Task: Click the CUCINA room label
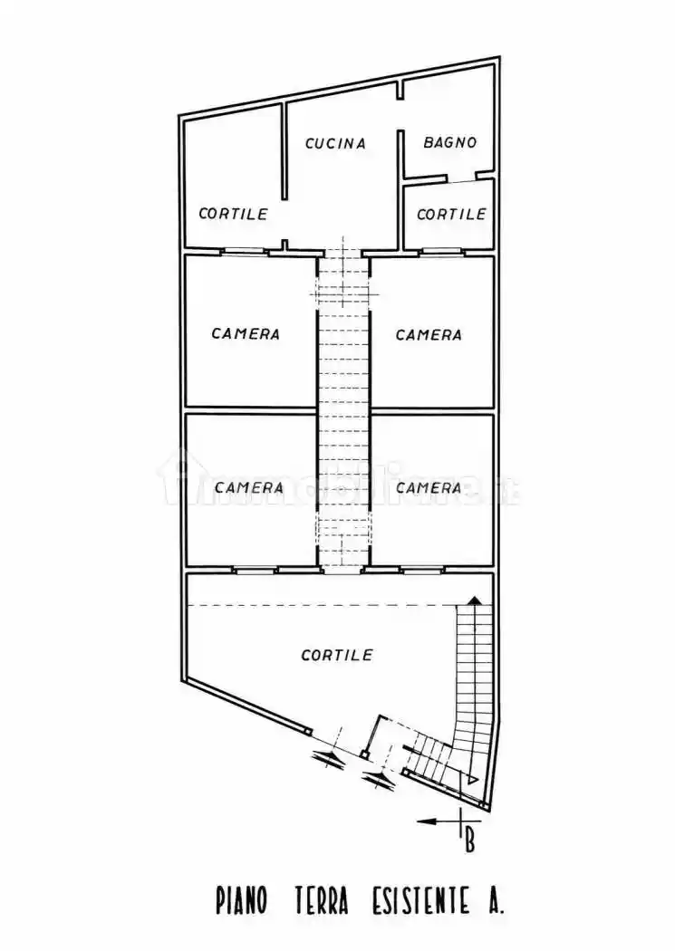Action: point(335,144)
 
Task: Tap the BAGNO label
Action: point(450,142)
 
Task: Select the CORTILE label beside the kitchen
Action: point(234,214)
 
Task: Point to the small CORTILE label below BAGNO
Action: point(452,214)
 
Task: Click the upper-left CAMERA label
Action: point(246,333)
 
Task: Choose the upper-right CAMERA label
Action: point(429,335)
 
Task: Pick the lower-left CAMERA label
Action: point(248,487)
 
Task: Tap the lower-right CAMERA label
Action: point(429,487)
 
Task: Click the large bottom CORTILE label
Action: point(337,655)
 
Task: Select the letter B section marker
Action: point(468,843)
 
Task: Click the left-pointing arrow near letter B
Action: point(438,821)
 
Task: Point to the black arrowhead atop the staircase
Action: point(475,600)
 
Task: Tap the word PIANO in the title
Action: point(241,900)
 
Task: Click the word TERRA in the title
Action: point(322,900)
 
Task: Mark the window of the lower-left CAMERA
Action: point(255,570)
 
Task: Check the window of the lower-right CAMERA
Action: point(422,570)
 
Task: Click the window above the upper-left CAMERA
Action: point(245,251)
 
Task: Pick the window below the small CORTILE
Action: point(442,251)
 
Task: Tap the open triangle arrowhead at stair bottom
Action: point(472,779)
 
